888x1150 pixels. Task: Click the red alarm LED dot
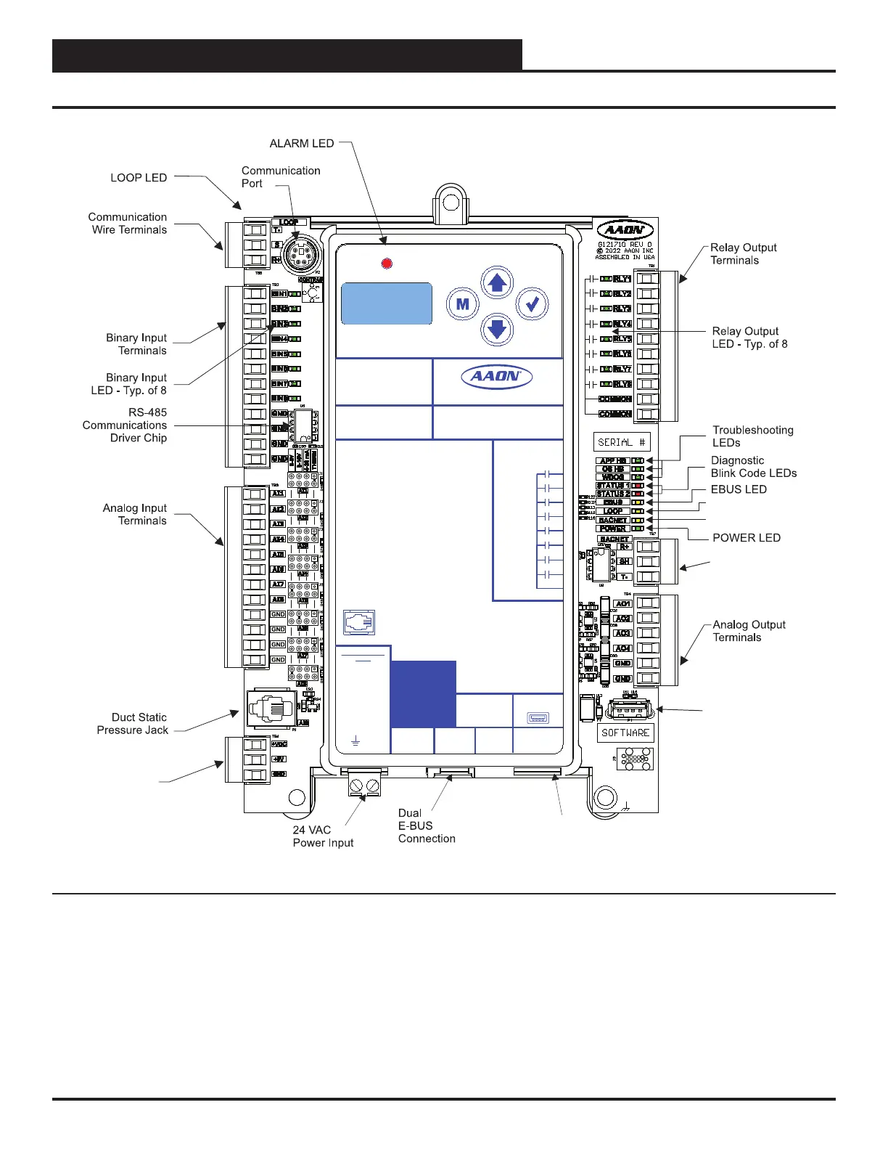click(387, 263)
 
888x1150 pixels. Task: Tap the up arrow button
click(497, 282)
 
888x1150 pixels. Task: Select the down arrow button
click(497, 329)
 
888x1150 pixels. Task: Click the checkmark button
click(533, 304)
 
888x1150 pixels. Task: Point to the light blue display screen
click(387, 303)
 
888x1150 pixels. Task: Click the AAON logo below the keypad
click(497, 377)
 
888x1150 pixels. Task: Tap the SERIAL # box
click(621, 442)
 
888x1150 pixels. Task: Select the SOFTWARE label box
click(625, 733)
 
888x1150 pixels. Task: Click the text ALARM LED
click(302, 144)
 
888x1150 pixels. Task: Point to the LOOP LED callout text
click(139, 178)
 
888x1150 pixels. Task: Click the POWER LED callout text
click(747, 538)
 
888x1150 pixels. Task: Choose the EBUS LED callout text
click(739, 489)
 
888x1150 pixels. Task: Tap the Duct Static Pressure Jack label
click(133, 724)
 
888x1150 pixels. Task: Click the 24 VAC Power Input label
click(323, 836)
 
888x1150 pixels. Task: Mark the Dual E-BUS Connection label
click(427, 825)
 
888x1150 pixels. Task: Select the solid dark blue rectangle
click(423, 694)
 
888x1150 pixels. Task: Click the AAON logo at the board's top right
click(624, 229)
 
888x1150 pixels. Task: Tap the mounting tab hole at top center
click(449, 199)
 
